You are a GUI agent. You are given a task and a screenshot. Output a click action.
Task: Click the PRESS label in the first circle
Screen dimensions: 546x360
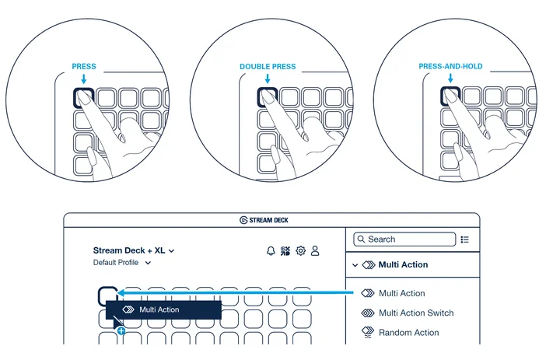pos(84,66)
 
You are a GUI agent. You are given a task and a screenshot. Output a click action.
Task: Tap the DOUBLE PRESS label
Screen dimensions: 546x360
pos(268,66)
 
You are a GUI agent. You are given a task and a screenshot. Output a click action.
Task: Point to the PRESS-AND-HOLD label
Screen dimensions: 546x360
pos(450,66)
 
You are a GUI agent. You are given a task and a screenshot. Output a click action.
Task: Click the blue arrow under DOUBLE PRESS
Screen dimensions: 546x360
pos(268,79)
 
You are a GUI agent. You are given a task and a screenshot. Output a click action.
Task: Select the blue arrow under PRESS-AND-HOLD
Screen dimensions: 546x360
pos(450,78)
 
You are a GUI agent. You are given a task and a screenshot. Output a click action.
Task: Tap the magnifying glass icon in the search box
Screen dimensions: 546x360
pos(361,239)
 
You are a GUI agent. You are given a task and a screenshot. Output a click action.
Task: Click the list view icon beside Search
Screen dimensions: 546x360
pos(464,239)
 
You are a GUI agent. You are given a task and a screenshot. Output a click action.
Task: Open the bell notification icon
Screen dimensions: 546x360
pos(271,250)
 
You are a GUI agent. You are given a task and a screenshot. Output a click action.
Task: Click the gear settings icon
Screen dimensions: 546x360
pos(300,250)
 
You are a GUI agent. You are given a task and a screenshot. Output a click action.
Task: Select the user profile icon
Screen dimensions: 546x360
pos(315,250)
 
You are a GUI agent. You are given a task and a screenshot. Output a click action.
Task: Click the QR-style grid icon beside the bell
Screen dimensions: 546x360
pos(285,250)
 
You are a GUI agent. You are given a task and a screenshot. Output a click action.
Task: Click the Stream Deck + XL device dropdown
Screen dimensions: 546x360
pos(134,250)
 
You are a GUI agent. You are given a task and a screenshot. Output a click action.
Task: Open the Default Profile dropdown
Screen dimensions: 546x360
pos(122,263)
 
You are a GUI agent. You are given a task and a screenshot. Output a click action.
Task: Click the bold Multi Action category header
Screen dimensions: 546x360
pos(403,264)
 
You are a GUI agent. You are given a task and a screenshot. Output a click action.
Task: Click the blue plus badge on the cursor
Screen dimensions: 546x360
pos(121,330)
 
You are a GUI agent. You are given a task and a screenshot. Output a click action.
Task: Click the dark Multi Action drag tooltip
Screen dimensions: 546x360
pos(163,309)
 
